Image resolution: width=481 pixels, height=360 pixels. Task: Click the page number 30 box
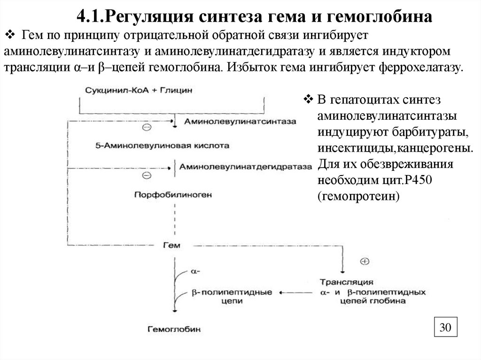coord(445,328)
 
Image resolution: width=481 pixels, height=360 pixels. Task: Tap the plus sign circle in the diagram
coord(365,261)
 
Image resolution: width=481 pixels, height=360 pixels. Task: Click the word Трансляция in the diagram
coord(347,283)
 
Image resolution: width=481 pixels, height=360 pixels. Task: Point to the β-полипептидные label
coord(232,292)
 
